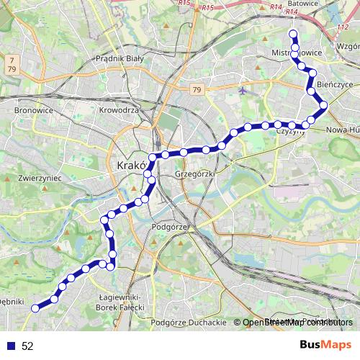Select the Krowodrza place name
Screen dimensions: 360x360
(119, 110)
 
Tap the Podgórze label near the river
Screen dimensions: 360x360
(170, 226)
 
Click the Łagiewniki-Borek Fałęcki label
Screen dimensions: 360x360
(126, 302)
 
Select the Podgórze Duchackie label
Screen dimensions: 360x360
(191, 322)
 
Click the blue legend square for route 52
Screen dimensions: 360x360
(11, 346)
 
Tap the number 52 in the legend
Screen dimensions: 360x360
(27, 346)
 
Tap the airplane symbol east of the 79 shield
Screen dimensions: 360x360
(242, 91)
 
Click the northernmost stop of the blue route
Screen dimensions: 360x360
(292, 34)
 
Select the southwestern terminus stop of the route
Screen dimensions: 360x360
(35, 308)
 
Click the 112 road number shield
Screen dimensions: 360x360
(341, 27)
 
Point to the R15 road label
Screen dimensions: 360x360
(209, 7)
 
